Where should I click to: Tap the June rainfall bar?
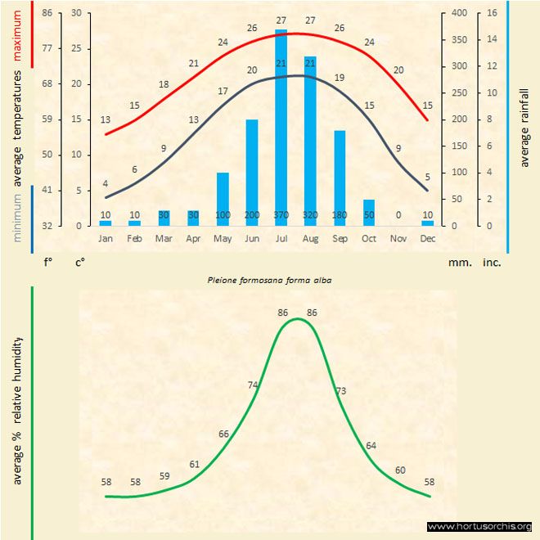pyautogui.click(x=252, y=172)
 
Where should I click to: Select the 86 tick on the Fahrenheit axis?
pyautogui.click(x=47, y=13)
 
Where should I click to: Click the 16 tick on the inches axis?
pyautogui.click(x=492, y=13)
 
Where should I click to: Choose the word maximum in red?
pyautogui.click(x=17, y=34)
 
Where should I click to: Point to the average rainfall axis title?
pyautogui.click(x=524, y=126)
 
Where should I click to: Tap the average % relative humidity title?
pyautogui.click(x=17, y=410)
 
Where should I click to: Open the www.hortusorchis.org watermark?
pyautogui.click(x=479, y=526)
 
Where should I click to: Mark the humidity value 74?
pyautogui.click(x=254, y=385)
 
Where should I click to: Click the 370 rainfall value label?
pyautogui.click(x=281, y=214)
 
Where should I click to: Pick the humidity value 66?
pyautogui.click(x=223, y=433)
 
